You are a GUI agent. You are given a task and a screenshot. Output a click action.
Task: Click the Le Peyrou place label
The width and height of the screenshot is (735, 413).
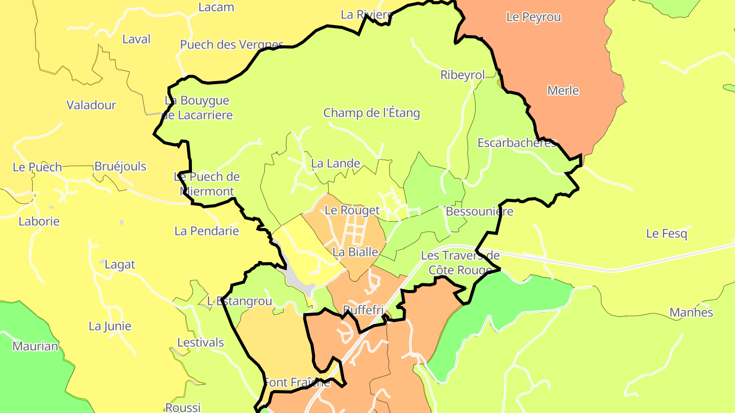coord(533,17)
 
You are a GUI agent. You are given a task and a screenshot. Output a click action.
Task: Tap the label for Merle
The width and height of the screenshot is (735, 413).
coord(563,90)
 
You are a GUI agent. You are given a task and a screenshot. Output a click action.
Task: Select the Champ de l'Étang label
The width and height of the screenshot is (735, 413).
coord(372,113)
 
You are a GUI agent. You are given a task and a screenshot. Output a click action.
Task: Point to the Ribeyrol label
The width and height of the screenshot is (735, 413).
coord(462,75)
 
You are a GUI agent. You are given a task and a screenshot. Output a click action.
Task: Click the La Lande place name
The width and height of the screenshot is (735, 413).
coord(335,164)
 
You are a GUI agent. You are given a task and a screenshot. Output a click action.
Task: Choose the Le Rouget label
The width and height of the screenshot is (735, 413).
coord(352,210)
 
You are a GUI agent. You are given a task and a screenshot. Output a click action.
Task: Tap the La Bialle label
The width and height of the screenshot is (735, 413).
coord(355,252)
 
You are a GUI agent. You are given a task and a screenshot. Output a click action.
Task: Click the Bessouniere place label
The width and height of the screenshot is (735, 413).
coord(479,211)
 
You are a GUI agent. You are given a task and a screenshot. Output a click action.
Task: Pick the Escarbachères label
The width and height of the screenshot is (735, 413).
coord(517,143)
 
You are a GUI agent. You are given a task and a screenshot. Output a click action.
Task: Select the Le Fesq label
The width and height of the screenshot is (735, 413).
coord(667,234)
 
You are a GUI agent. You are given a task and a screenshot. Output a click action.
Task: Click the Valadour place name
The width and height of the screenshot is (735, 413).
coord(91,105)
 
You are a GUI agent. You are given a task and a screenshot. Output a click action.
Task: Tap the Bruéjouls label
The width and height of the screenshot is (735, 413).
coord(120,166)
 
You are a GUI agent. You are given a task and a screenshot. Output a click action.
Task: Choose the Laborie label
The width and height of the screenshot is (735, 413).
coord(39,221)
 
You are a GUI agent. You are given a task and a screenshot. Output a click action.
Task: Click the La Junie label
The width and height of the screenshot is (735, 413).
coord(110,326)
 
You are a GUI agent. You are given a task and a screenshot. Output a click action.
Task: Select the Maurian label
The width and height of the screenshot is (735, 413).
coord(35,346)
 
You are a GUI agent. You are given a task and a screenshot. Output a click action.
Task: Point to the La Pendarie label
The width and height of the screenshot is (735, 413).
coord(207,231)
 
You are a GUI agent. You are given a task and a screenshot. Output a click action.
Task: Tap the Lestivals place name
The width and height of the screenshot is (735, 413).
coord(201,342)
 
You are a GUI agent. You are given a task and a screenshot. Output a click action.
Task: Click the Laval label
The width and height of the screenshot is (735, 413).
coord(136,39)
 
